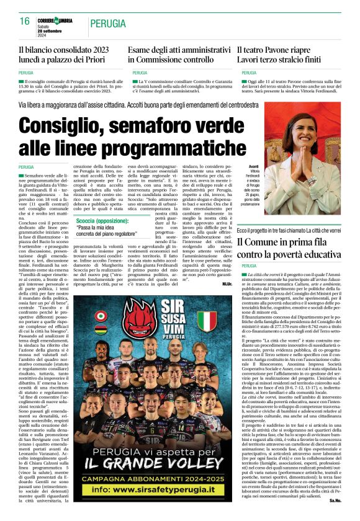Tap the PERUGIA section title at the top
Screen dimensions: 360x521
(x=107, y=24)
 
